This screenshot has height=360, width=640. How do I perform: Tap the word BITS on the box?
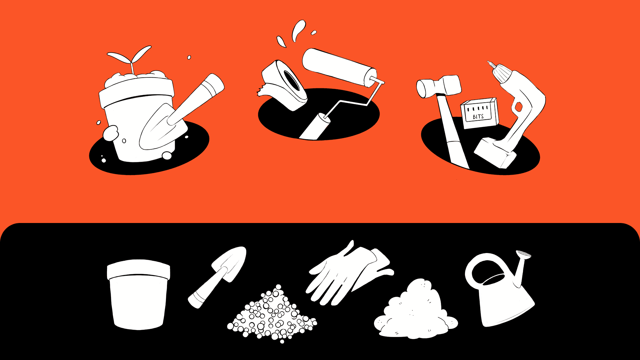[478, 116]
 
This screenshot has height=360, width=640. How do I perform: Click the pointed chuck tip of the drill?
[490, 63]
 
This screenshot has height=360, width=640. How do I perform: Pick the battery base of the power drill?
[495, 153]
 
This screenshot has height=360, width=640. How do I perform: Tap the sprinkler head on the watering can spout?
[523, 254]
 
